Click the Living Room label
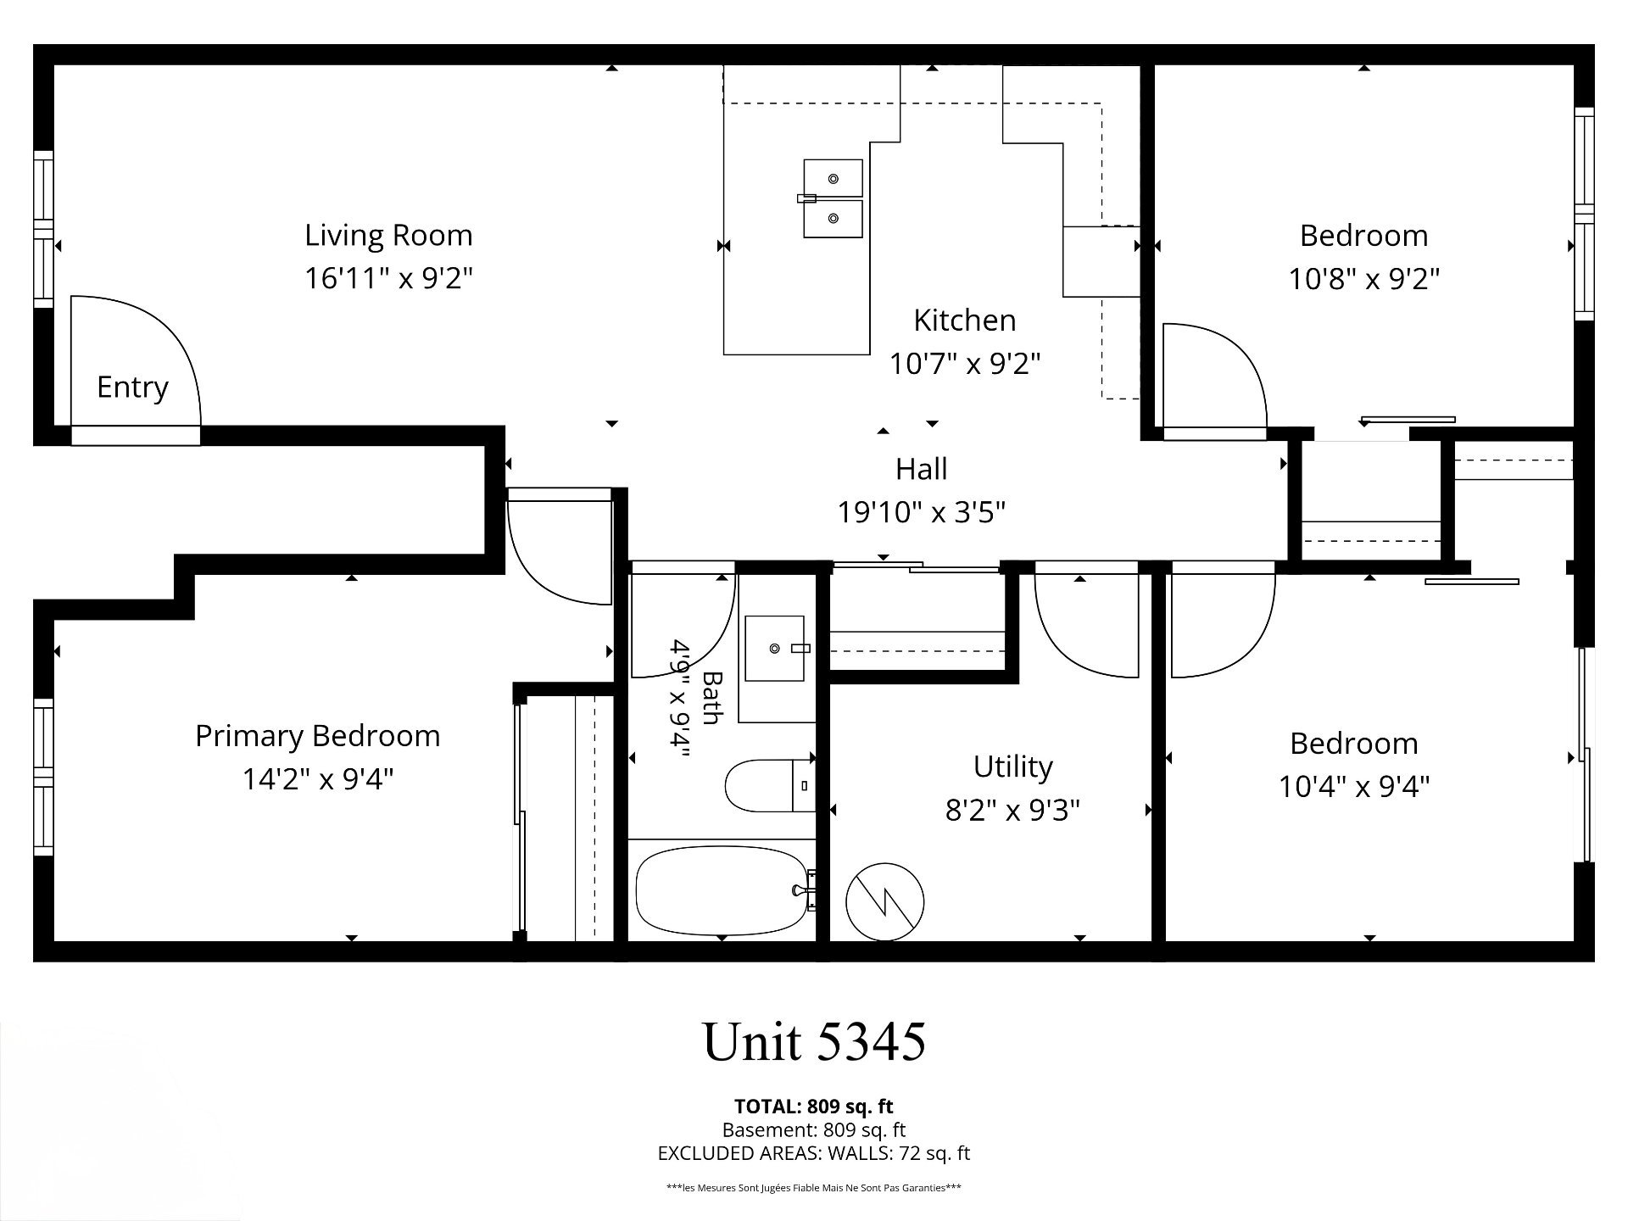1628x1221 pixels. coord(388,235)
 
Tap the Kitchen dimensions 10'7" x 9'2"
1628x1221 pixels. coord(964,364)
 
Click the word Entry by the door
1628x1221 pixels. coord(132,387)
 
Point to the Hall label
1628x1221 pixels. coord(922,468)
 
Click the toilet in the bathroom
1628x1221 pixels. coord(770,785)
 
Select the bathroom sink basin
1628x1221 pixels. coord(774,649)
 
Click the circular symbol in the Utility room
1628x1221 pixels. coord(884,901)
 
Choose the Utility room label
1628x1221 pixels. coord(1012,767)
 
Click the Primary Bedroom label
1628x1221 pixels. coord(318,736)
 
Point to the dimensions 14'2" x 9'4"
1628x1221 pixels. coord(318,779)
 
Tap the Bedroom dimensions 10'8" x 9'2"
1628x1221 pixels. coord(1364,278)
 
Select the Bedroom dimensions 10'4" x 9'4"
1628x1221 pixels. coord(1354,787)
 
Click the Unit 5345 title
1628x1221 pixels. coord(815,1042)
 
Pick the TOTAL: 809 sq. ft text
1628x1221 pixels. coord(814,1107)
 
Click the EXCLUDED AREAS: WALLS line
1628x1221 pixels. coord(814,1153)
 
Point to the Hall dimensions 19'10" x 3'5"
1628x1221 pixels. coord(922,512)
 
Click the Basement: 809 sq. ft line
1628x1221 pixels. coord(814,1130)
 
